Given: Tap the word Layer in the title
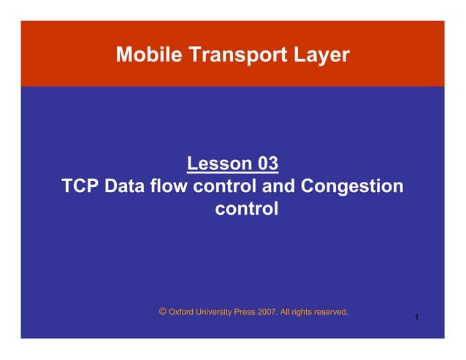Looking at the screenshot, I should point(318,54).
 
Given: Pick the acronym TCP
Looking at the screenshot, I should point(81,186).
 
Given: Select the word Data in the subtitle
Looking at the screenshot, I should point(125,186).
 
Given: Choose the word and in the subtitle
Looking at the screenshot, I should point(278,186).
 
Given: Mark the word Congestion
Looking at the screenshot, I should point(351,186).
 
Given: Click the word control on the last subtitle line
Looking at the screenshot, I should point(247,210).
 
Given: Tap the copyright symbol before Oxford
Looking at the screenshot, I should point(162,311).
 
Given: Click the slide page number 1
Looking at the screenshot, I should point(415,318).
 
